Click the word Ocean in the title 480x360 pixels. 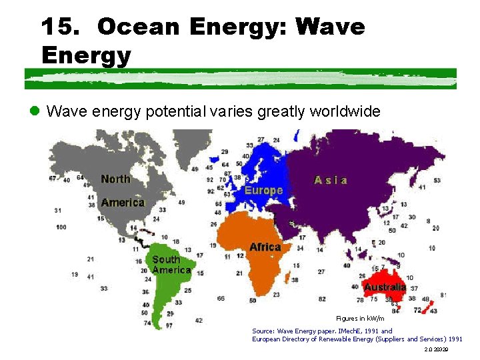pyautogui.click(x=138, y=27)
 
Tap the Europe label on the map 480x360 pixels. pyautogui.click(x=263, y=190)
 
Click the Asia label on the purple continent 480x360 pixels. pyautogui.click(x=331, y=180)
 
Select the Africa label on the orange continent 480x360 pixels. pyautogui.click(x=265, y=247)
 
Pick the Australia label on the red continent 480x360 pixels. pyautogui.click(x=385, y=287)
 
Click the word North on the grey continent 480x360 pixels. pyautogui.click(x=115, y=179)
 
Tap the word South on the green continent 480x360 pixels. pyautogui.click(x=166, y=259)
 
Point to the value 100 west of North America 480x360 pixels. pyautogui.click(x=61, y=227)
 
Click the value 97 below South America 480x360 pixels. pyautogui.click(x=169, y=326)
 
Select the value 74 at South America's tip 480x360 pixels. pyautogui.click(x=147, y=323)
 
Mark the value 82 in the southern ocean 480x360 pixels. pyautogui.click(x=322, y=299)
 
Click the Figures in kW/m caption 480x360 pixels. pyautogui.click(x=360, y=319)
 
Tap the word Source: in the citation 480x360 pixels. pyautogui.click(x=263, y=331)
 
